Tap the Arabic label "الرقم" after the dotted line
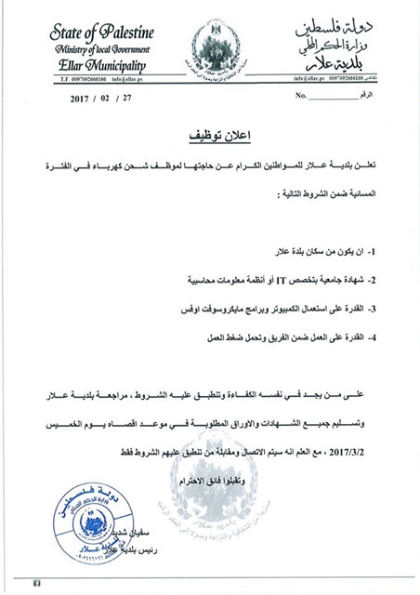369,96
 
